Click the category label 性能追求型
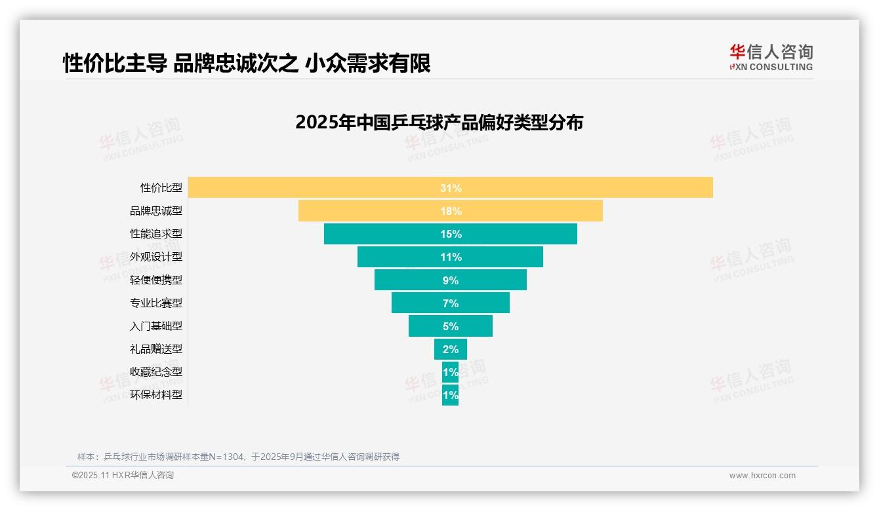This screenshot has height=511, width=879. (156, 234)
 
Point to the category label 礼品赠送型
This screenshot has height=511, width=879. (156, 349)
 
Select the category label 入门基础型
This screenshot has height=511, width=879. (156, 326)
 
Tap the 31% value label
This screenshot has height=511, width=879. (451, 188)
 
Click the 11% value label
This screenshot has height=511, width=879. (451, 257)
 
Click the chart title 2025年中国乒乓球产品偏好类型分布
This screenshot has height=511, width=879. (439, 123)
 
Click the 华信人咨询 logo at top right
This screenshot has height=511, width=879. (771, 58)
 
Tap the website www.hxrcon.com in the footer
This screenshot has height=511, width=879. (762, 476)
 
